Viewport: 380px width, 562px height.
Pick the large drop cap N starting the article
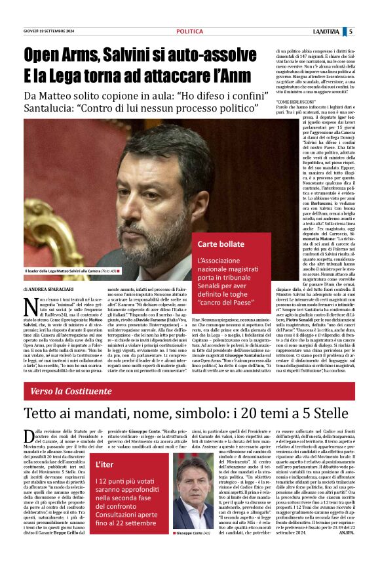30,307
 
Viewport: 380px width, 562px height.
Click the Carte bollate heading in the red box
223,245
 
